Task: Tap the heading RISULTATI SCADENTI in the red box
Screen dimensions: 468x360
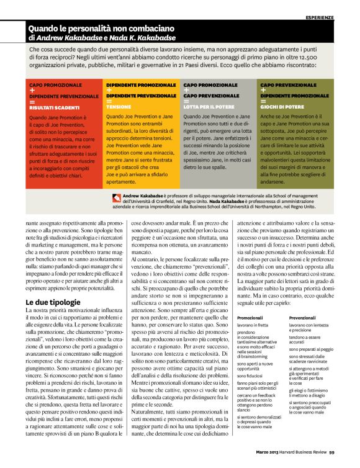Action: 54,107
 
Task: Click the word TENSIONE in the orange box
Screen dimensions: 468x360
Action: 119,107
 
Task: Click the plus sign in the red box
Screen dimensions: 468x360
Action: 32,90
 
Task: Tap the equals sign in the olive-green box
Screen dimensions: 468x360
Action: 263,101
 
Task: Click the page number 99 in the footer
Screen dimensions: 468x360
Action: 332,460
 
